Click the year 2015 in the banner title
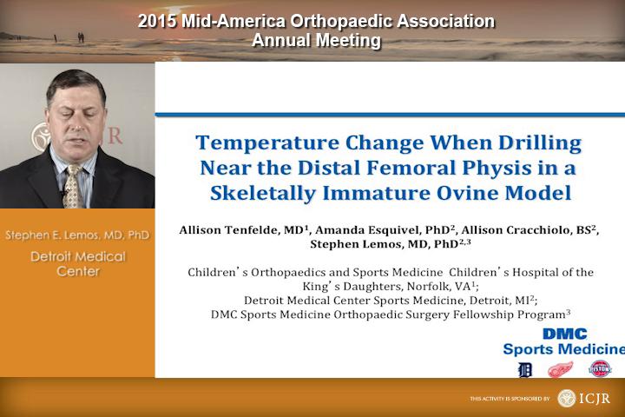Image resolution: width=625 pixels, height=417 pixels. (x=157, y=21)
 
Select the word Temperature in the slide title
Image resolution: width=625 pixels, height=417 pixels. (x=267, y=142)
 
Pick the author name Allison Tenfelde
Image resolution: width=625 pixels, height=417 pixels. (x=229, y=230)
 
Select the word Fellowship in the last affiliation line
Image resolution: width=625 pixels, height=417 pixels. (x=458, y=314)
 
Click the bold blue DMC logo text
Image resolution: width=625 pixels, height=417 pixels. (x=565, y=334)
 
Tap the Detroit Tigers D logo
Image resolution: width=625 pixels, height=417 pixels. (x=524, y=370)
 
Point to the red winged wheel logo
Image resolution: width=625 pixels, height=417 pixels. (x=560, y=370)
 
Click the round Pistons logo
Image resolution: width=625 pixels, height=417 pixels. (x=600, y=368)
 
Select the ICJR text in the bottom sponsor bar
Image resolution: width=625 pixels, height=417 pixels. (x=595, y=398)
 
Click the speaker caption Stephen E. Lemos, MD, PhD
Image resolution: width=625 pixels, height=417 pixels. (x=77, y=235)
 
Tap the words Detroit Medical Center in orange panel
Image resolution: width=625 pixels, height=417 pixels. (x=78, y=264)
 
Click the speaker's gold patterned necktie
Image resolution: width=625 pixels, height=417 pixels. (x=73, y=187)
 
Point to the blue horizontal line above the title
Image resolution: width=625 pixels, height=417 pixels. (x=390, y=115)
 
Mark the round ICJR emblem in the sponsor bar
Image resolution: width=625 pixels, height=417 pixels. (x=566, y=398)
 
